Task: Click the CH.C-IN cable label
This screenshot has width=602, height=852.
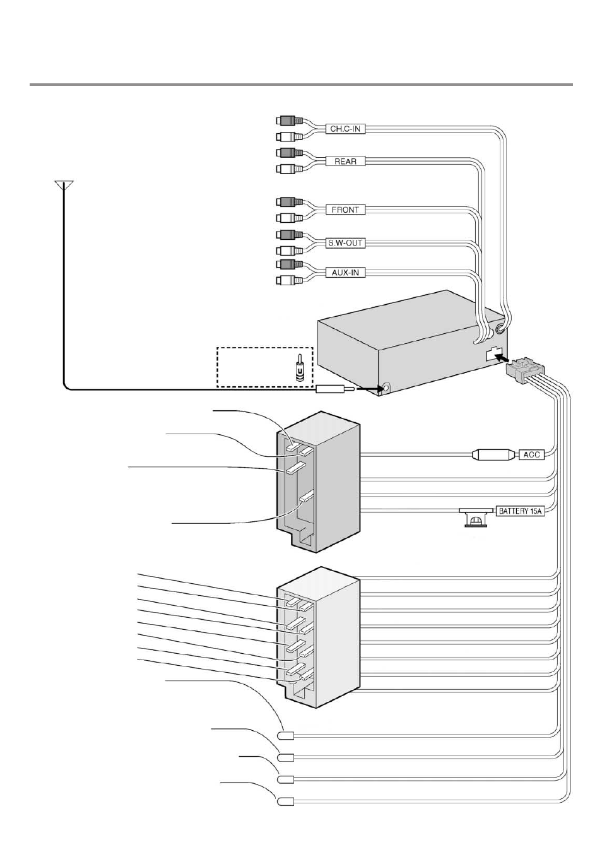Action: pos(345,129)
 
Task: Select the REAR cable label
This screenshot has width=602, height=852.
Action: pos(345,162)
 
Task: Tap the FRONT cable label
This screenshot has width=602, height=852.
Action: pos(345,210)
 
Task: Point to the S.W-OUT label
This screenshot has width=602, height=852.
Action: pos(345,243)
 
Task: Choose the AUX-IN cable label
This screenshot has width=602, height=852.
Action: pos(345,273)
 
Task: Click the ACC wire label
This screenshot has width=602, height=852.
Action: pos(532,454)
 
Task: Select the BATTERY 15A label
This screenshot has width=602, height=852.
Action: pos(520,511)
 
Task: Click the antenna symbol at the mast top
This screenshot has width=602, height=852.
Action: pos(64,185)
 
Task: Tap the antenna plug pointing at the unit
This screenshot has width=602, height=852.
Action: pos(335,389)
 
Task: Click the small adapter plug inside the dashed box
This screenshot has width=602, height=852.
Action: pos(300,368)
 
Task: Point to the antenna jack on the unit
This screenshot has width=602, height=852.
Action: pos(386,388)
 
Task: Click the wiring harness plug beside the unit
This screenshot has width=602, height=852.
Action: pos(525,369)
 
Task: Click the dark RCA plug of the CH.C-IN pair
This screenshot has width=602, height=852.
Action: pos(290,121)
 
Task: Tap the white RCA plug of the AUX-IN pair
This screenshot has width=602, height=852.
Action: pos(290,281)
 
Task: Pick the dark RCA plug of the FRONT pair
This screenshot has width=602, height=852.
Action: pos(290,201)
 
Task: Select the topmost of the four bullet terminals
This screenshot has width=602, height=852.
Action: pos(286,736)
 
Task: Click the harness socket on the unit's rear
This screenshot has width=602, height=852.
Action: pos(494,353)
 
